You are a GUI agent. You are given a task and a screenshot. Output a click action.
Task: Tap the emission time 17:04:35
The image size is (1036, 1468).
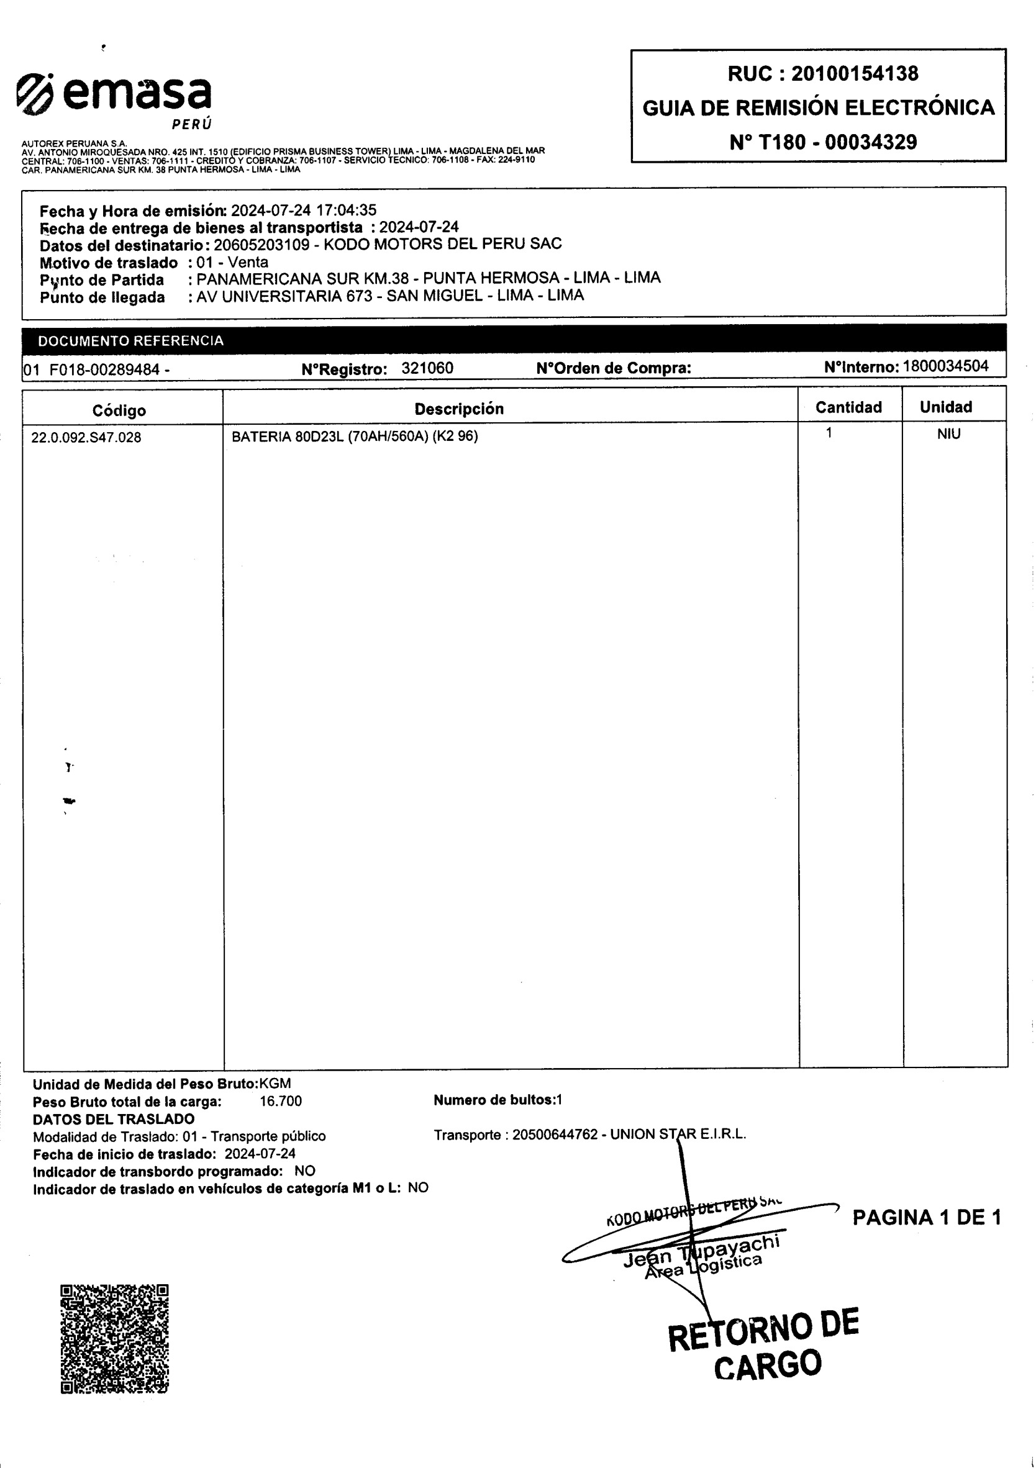pos(346,211)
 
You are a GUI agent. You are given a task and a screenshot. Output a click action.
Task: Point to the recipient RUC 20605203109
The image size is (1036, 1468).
pos(261,244)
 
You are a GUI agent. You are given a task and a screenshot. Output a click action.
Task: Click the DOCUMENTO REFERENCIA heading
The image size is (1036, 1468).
pos(130,341)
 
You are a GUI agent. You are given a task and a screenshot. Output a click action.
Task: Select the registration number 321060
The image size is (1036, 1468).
pos(427,368)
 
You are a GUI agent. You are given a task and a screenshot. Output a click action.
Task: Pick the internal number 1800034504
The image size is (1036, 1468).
pos(945,366)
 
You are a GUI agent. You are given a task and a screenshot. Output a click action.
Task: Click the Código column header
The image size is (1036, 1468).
pos(119,410)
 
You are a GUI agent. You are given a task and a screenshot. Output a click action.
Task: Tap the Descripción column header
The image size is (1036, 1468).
pos(458,409)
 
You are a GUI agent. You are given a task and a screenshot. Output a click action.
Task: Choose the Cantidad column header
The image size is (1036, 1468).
pos(848,407)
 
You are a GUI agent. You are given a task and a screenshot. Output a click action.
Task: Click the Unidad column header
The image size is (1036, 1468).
pos(945,407)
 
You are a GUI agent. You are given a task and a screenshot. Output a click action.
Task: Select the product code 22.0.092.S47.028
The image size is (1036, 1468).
pos(86,438)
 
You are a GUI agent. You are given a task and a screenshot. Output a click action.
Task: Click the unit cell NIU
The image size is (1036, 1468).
pos(948,434)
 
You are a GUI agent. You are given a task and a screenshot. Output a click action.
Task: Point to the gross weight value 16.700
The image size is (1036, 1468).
pos(280,1101)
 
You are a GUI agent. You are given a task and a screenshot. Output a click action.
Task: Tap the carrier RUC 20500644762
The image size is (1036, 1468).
pos(555,1135)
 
